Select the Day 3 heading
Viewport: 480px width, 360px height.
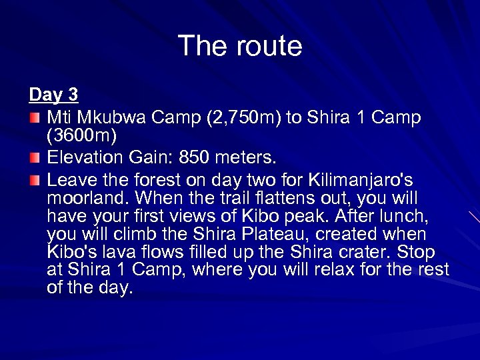point(54,95)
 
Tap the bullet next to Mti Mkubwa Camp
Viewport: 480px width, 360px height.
point(34,119)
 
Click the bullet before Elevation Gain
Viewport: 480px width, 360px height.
point(34,158)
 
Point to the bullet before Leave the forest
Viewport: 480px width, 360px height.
point(34,180)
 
